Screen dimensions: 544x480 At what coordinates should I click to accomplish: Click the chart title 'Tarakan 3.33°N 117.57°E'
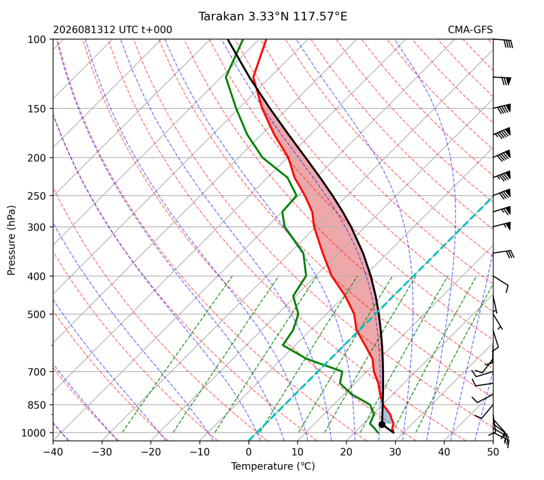coord(273,16)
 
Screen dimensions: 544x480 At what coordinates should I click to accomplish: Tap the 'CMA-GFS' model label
coord(470,30)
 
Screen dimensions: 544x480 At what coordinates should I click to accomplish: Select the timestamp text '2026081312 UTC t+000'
coord(113,30)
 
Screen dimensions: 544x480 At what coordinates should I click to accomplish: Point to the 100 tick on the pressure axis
coord(37,40)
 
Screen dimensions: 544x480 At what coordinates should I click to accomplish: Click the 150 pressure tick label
coord(37,109)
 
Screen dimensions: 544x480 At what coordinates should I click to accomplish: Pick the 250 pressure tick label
coord(37,196)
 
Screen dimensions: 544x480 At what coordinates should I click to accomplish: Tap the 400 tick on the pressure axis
coord(37,276)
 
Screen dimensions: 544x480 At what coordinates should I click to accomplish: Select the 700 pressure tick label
coord(37,372)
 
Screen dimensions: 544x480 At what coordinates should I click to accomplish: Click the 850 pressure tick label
coord(37,405)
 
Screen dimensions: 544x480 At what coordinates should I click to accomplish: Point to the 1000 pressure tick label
coord(34,433)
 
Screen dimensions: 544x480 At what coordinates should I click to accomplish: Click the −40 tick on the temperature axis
coord(53,452)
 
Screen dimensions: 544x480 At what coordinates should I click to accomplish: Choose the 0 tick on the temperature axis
coord(249,452)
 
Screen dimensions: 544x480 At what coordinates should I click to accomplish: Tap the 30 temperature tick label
coord(395,452)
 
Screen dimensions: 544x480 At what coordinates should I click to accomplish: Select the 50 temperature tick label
coord(493,452)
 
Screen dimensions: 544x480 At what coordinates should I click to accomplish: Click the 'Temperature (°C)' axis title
coord(273,466)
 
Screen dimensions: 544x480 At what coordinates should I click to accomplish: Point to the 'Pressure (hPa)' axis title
coord(11,240)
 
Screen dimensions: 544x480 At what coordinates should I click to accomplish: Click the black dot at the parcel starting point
coord(382,424)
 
